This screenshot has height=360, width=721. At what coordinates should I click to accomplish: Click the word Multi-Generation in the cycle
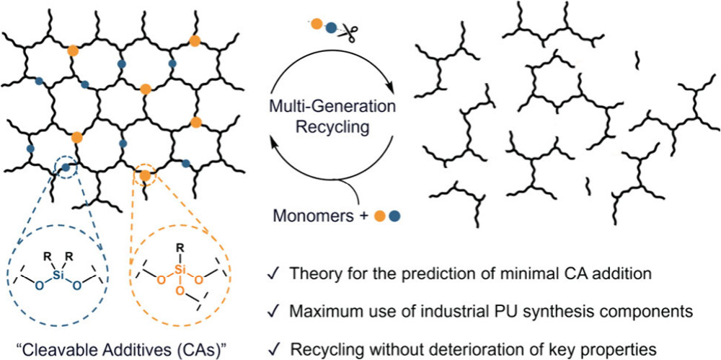point(332,107)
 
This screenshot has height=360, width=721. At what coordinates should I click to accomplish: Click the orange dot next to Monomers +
point(380,215)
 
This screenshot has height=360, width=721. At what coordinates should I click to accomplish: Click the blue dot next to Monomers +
point(394,215)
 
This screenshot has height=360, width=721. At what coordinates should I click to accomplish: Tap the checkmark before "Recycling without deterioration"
point(274,343)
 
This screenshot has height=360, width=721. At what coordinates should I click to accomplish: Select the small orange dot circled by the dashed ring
point(146,175)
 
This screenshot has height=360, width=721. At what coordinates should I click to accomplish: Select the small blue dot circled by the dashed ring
point(66,169)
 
